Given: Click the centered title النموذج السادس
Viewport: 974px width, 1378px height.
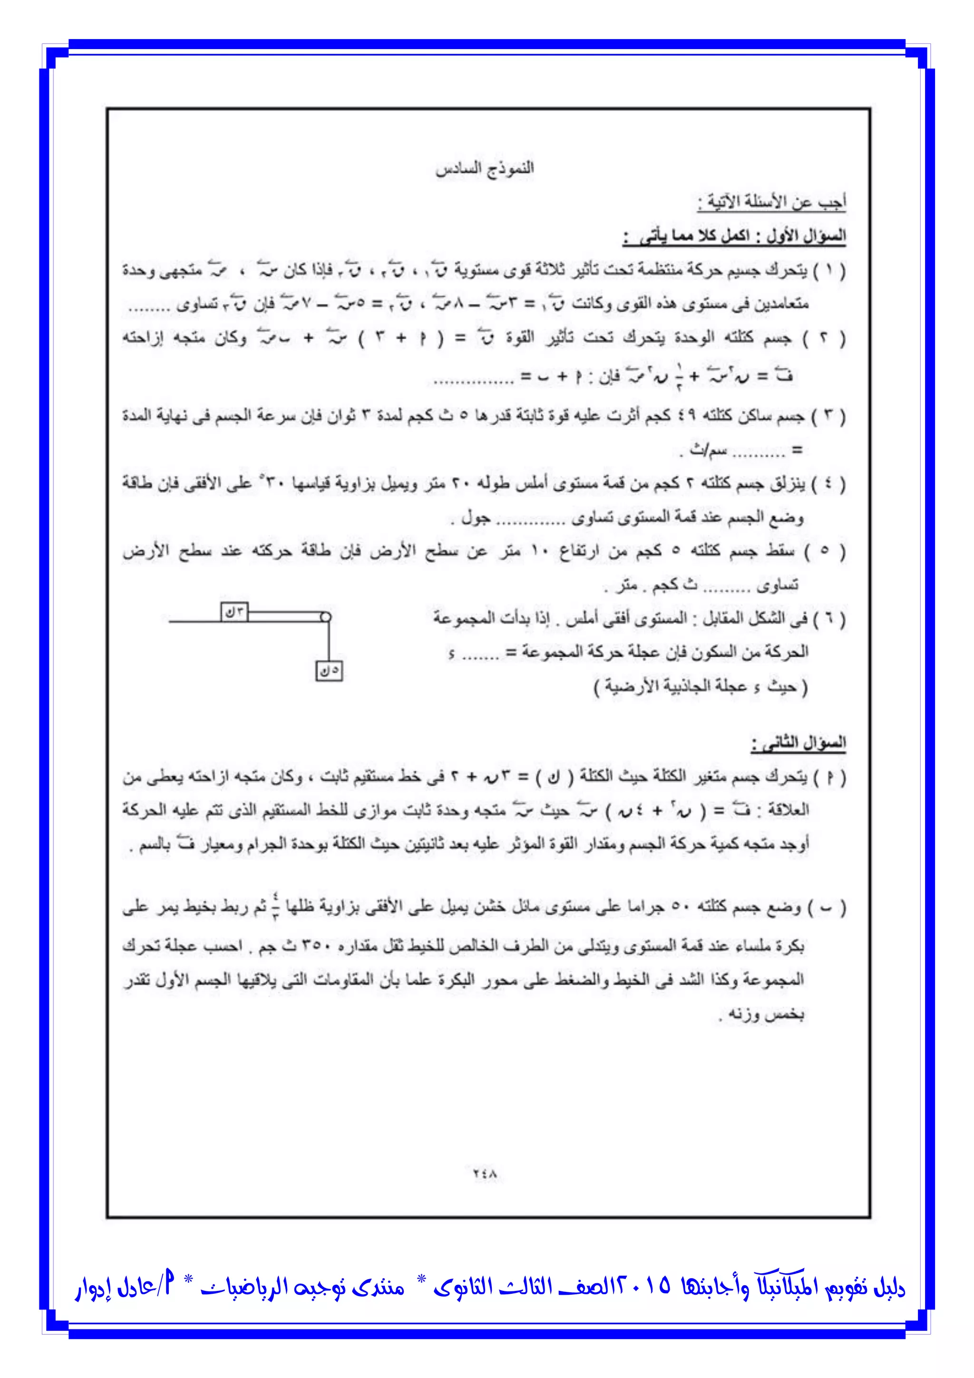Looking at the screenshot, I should pyautogui.click(x=485, y=168).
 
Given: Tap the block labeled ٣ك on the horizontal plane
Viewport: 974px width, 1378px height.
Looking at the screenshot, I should pyautogui.click(x=234, y=611).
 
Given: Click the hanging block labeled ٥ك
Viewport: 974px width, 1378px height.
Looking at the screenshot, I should pyautogui.click(x=329, y=670).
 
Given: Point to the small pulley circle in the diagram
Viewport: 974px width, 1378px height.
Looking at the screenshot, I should pyautogui.click(x=326, y=616).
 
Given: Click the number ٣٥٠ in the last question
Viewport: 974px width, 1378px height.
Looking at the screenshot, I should pyautogui.click(x=314, y=946).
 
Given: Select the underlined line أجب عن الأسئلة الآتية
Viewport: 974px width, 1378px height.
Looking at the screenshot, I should pyautogui.click(x=772, y=202).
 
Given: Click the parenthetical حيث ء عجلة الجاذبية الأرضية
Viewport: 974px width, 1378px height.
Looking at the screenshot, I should pyautogui.click(x=701, y=686).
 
